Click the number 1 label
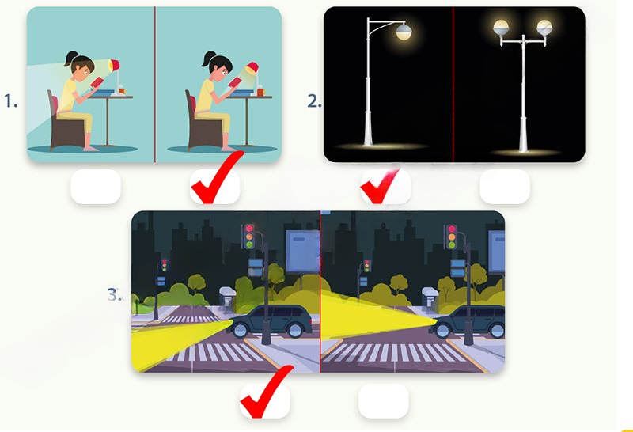click(x=11, y=101)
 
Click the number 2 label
click(x=314, y=101)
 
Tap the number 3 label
click(x=115, y=295)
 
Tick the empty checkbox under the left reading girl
click(x=96, y=187)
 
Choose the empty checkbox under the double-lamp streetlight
click(x=505, y=187)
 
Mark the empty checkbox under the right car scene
click(x=384, y=400)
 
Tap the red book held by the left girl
click(x=97, y=82)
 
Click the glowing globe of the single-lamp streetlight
click(x=404, y=31)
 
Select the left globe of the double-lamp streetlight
click(x=501, y=28)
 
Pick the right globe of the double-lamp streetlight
click(x=544, y=28)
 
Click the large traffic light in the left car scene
click(x=249, y=237)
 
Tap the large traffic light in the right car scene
click(x=452, y=237)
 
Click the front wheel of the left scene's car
click(x=241, y=331)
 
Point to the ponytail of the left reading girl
click(x=70, y=58)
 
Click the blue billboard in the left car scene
click(x=303, y=251)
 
